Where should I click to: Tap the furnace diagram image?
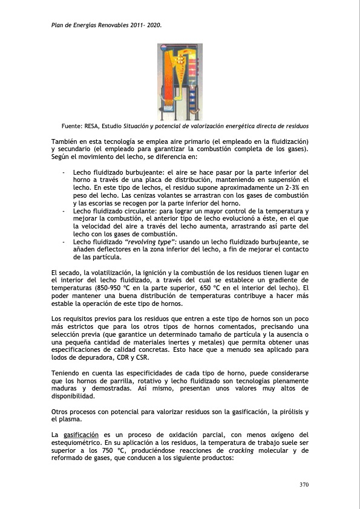179,82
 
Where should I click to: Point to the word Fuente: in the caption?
73,126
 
